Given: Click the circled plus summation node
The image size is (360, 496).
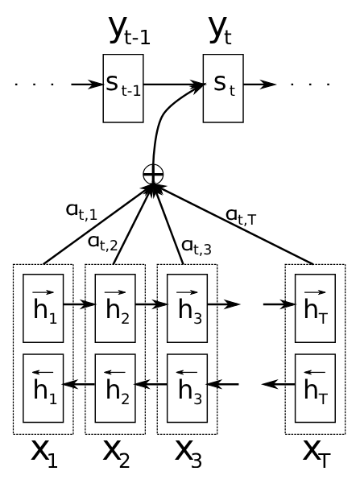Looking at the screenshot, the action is tap(153, 174).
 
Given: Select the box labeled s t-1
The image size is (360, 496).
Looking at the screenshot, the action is tap(123, 89).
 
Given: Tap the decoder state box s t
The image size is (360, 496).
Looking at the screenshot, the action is tap(223, 89).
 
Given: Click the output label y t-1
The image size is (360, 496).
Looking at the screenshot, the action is tap(130, 31).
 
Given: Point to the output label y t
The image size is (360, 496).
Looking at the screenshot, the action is tap(220, 31).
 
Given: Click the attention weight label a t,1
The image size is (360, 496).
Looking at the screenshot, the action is tap(81, 211).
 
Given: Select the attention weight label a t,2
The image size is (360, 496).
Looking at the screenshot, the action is tap(102, 243).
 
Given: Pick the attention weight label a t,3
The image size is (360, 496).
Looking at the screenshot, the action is tap(197, 247).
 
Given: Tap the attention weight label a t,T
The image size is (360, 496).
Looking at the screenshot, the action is tap(241, 217).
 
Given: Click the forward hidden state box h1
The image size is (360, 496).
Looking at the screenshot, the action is tap(43, 308).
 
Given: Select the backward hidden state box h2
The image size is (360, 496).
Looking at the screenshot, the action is tap(115, 388).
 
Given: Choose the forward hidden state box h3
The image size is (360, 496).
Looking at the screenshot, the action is tap(188, 308).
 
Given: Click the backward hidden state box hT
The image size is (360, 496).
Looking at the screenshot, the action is tap(315, 388).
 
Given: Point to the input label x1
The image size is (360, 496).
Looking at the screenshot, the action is tap(44, 454).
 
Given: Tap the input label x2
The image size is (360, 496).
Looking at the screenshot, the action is tap(116, 454).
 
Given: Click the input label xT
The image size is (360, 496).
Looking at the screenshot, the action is tap(317, 454).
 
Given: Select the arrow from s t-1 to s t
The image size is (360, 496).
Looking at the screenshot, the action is tap(173, 85).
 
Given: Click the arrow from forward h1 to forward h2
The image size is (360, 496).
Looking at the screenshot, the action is tap(80, 304).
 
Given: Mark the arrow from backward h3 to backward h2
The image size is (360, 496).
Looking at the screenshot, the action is tap(151, 384).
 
